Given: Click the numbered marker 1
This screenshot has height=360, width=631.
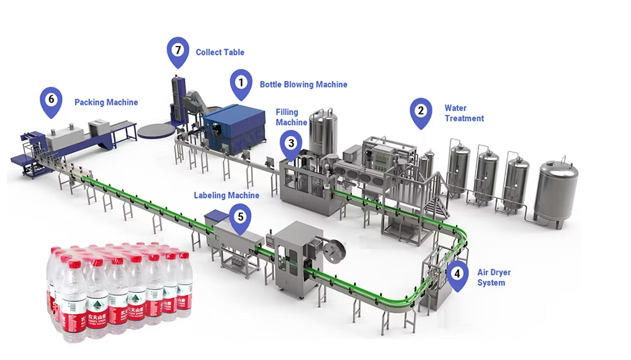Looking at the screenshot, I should click(x=241, y=82).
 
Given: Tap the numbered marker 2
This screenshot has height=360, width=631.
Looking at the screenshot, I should click(x=420, y=110).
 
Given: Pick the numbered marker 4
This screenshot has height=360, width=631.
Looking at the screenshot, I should click(x=456, y=274).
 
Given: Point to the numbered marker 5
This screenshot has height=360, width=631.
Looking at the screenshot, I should click(x=240, y=216).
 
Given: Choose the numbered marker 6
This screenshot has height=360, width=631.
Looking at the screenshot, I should click(x=51, y=99).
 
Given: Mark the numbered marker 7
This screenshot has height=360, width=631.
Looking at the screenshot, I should click(x=178, y=50).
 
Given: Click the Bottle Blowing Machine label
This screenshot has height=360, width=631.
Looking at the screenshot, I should click(x=303, y=84).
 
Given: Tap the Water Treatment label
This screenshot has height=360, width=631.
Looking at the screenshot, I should click(x=464, y=113).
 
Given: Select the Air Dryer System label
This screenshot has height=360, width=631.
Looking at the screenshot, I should click(x=494, y=278).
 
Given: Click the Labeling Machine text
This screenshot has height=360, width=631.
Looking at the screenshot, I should click(x=226, y=195).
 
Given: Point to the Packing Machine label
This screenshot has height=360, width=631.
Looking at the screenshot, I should click(x=106, y=102).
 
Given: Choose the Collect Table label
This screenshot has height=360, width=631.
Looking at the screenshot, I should click(x=220, y=52).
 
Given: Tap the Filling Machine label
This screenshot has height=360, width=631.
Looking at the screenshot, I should click(x=291, y=117).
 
